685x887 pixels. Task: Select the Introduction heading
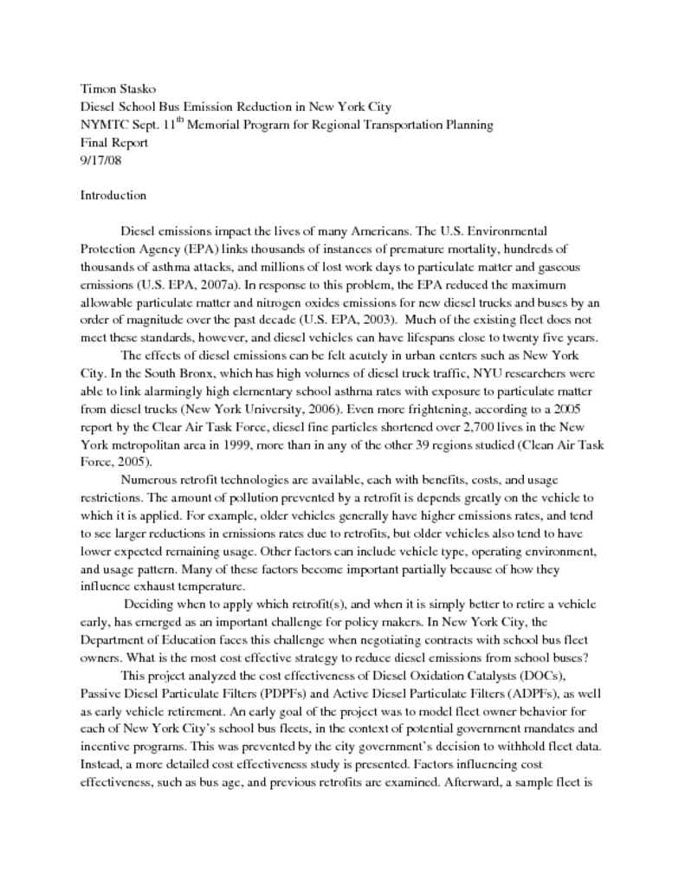click(113, 195)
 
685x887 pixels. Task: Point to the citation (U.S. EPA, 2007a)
click(188, 283)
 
